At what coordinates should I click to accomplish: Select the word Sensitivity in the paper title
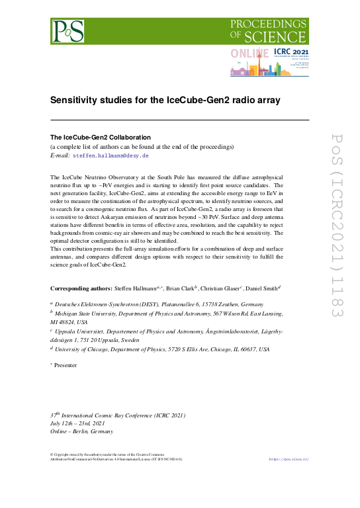[77, 101]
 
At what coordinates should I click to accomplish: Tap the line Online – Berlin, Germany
[82, 432]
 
